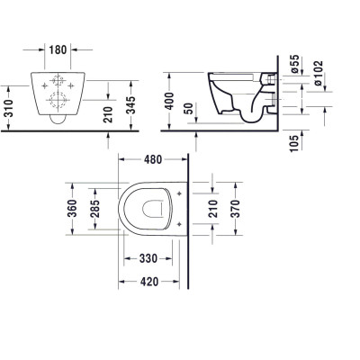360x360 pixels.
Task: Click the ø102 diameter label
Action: (x=330, y=76)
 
